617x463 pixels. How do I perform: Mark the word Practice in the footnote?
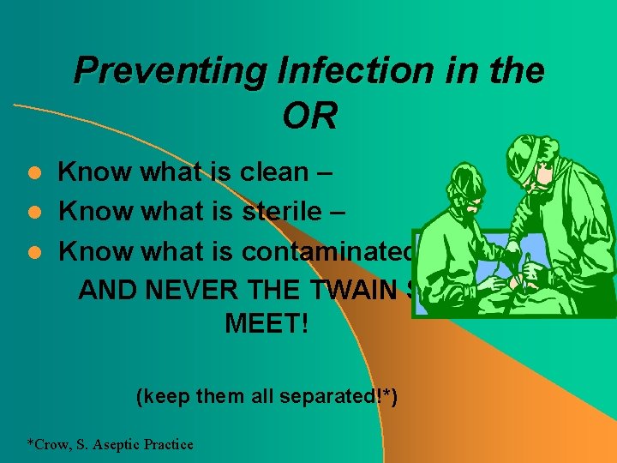pos(170,444)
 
